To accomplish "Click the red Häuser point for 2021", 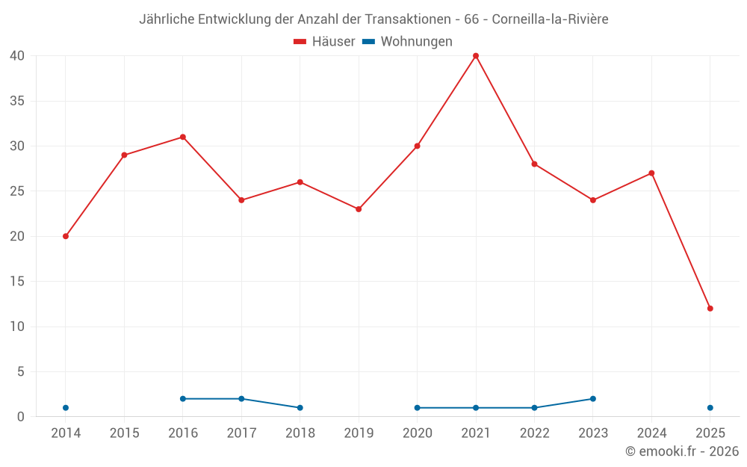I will (476, 56).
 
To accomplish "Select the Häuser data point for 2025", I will (710, 309).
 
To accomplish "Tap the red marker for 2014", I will (66, 236).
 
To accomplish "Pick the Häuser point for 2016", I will (183, 137).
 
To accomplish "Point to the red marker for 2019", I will (359, 209).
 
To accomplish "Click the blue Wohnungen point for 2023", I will (593, 399).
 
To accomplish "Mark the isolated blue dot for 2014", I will (66, 408).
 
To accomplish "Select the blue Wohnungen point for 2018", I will (300, 408).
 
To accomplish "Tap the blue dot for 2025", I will (710, 408).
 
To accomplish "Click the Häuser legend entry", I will (324, 42).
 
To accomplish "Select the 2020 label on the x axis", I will (418, 433).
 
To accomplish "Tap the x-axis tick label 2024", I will (651, 433).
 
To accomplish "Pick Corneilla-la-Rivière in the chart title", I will (550, 19).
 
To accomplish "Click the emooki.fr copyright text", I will (681, 451).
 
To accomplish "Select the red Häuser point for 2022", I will (534, 164).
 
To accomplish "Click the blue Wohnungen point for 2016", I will (183, 399).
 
